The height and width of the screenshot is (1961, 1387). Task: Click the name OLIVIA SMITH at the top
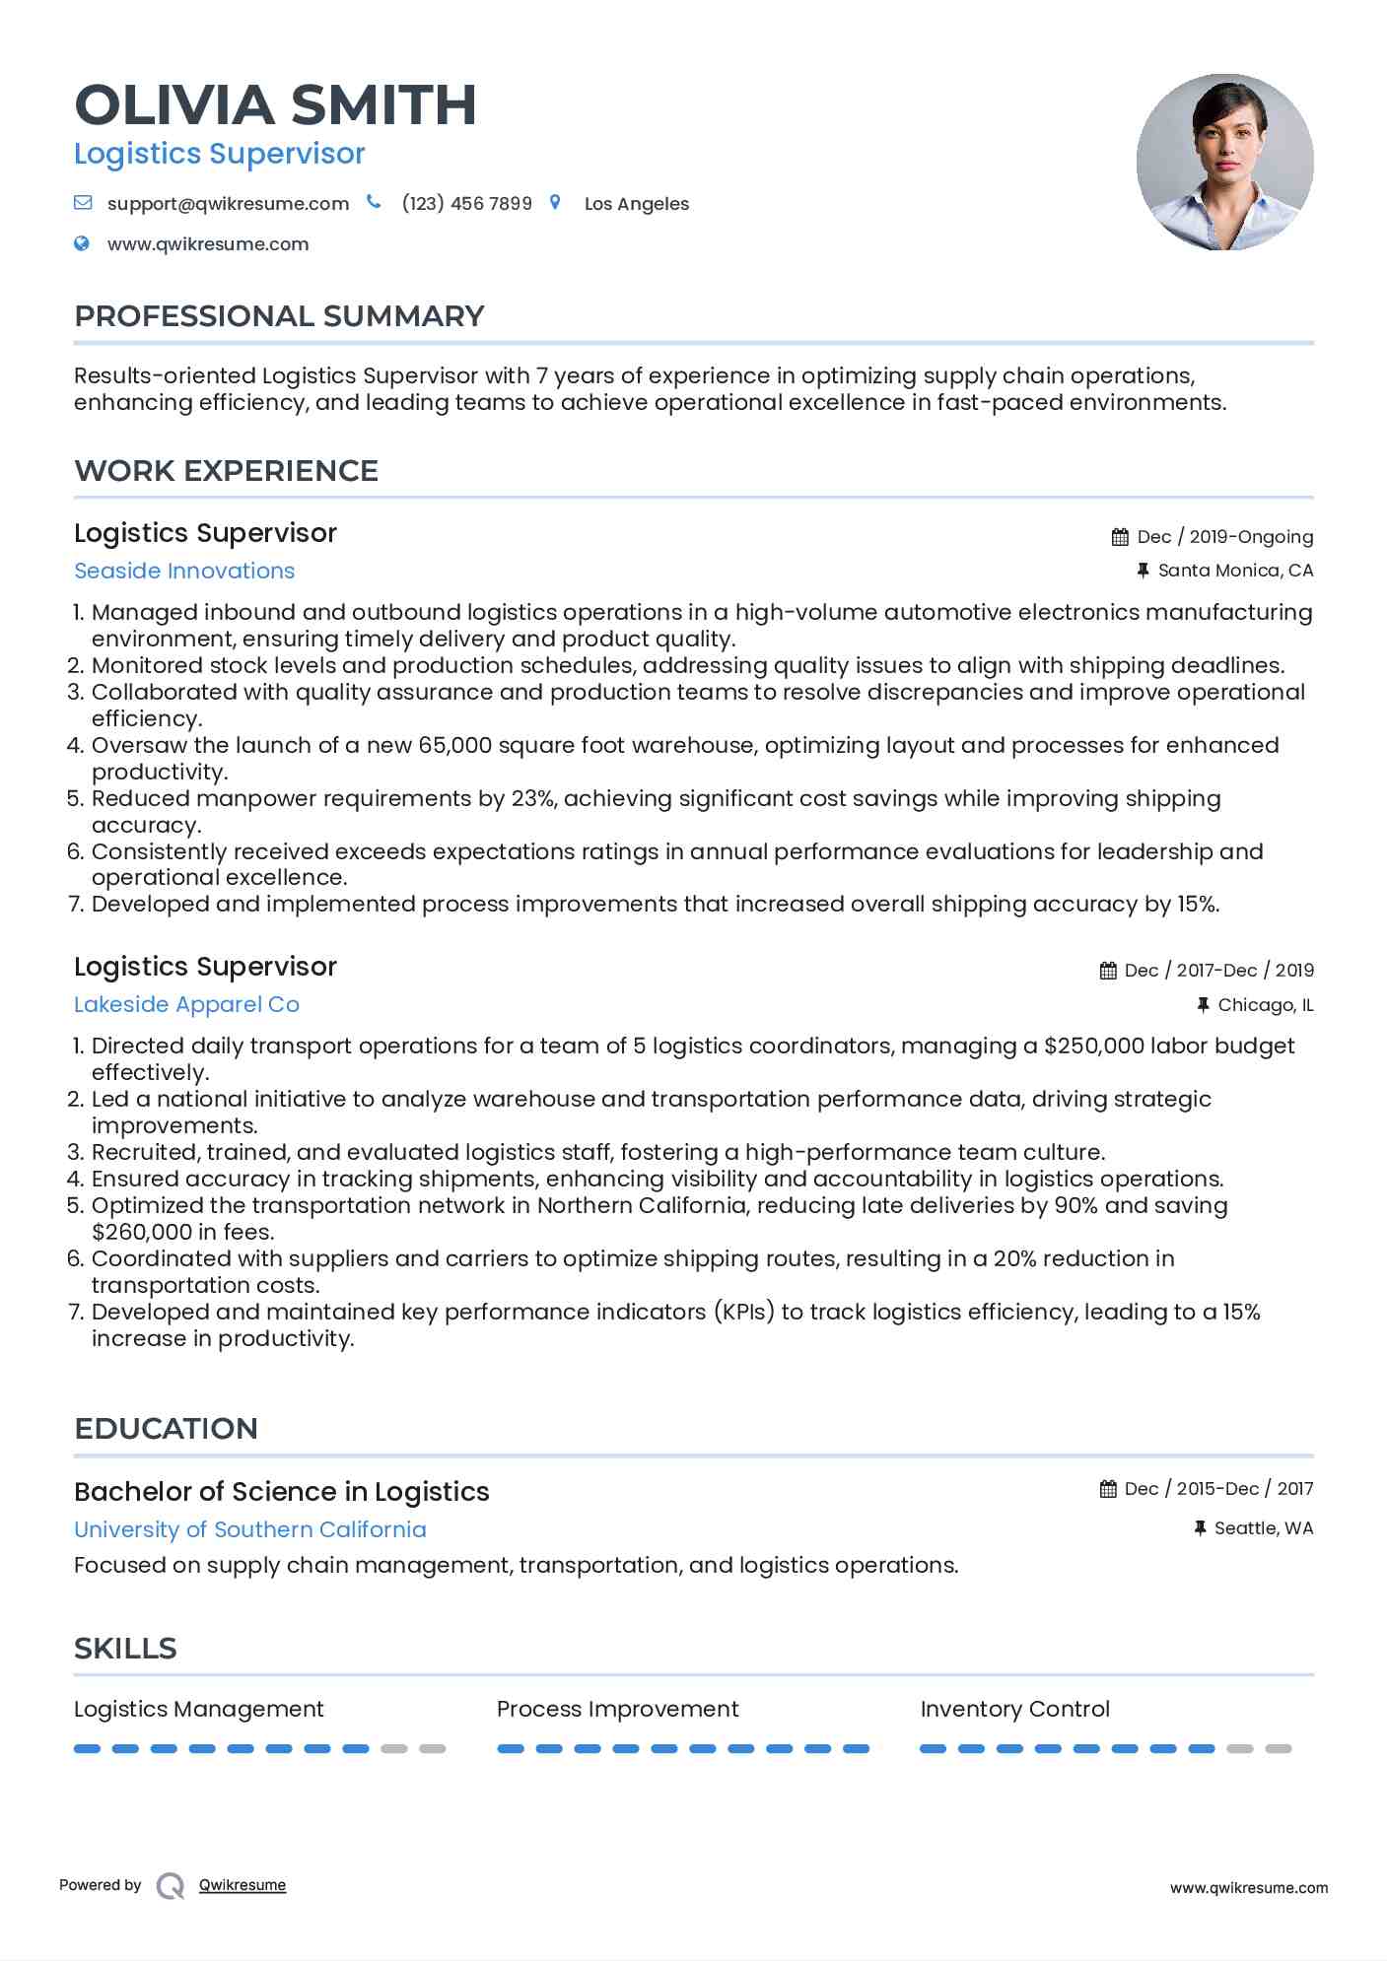click(275, 105)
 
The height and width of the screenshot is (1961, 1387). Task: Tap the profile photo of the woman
click(1224, 162)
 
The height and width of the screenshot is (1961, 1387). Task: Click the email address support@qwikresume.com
click(228, 204)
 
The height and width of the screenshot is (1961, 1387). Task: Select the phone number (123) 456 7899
click(466, 204)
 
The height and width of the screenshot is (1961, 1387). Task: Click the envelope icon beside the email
click(83, 203)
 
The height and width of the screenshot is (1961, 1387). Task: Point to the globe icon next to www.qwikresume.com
click(82, 243)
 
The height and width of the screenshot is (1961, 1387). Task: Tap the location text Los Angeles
click(636, 204)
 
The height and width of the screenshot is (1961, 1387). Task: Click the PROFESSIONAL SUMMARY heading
click(279, 316)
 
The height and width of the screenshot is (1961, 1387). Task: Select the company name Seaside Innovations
click(184, 571)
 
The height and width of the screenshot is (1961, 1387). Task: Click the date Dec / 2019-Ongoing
click(1224, 537)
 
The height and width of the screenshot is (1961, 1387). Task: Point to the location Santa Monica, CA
click(1234, 571)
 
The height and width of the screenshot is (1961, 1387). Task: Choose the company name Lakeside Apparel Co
click(186, 1004)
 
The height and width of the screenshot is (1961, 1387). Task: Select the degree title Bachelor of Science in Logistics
click(281, 1492)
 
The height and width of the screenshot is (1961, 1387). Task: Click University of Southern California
click(250, 1529)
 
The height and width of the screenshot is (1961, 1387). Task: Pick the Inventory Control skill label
click(1014, 1709)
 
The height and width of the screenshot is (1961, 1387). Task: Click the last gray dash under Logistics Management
click(432, 1749)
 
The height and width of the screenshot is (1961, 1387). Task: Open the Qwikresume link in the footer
click(243, 1885)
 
